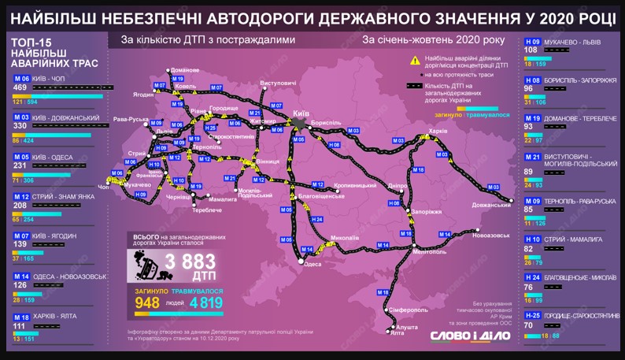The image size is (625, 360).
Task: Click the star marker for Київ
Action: click(298, 124)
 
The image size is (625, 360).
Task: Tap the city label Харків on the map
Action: click(438, 130)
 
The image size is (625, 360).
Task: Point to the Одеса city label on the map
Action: click(312, 264)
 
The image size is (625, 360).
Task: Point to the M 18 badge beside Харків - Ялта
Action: click(21, 316)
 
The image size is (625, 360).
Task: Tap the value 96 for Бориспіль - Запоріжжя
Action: click(529, 88)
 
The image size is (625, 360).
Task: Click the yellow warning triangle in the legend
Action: click(414, 60)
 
